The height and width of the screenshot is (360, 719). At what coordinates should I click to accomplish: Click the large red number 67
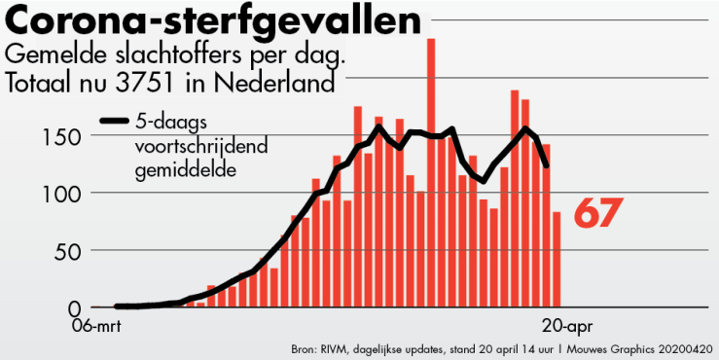597,213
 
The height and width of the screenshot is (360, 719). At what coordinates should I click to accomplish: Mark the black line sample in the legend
115,122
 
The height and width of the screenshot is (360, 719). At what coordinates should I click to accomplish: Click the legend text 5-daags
168,122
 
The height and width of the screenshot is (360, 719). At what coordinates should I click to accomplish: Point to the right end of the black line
547,166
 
